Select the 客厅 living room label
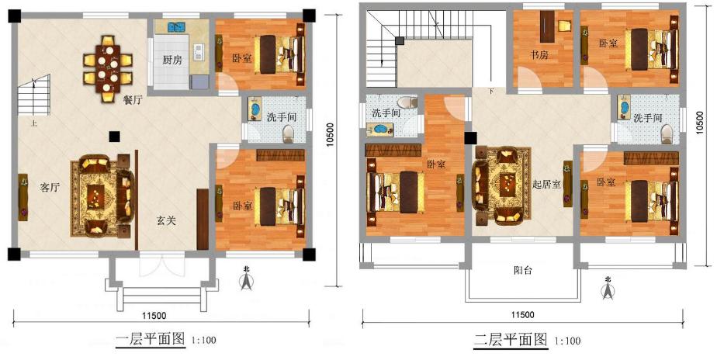(50, 188)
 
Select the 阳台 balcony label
(523, 271)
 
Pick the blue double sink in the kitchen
(176, 27)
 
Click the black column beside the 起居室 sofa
(470, 138)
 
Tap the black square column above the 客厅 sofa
(113, 136)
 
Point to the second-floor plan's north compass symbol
(608, 288)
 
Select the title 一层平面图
(151, 340)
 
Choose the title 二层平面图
(511, 340)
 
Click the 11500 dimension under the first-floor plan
(154, 316)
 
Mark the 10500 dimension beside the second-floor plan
(701, 123)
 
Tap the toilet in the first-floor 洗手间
(289, 134)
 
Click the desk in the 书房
(548, 26)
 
